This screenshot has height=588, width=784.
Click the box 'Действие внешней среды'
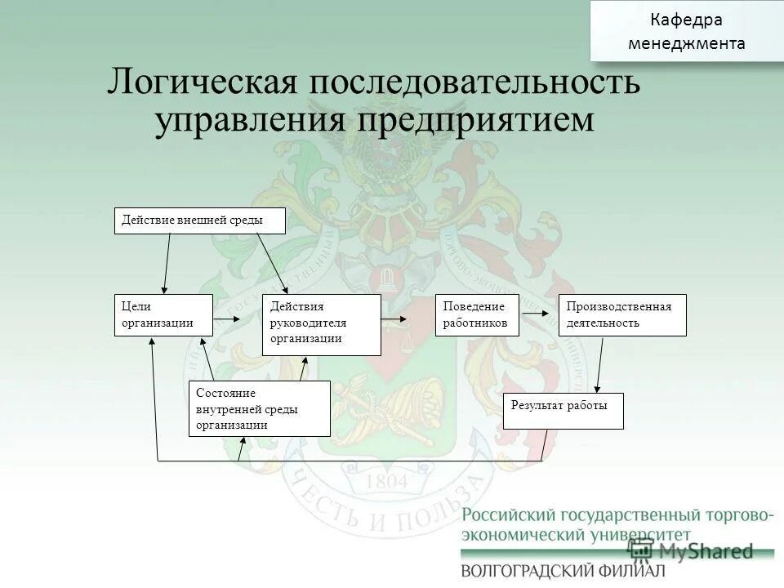pyautogui.click(x=200, y=220)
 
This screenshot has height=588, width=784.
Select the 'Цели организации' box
pyautogui.click(x=163, y=315)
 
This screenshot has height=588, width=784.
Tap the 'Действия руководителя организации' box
pyautogui.click(x=322, y=324)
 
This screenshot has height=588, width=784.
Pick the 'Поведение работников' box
pyautogui.click(x=477, y=315)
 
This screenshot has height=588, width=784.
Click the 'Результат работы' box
pyautogui.click(x=563, y=411)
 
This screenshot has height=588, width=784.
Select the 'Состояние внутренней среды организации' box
pyautogui.click(x=260, y=408)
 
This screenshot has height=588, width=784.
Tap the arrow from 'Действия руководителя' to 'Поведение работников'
pyautogui.click(x=394, y=318)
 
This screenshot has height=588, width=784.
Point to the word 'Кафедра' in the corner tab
pyautogui.click(x=686, y=20)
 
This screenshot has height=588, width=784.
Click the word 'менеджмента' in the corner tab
pyautogui.click(x=686, y=43)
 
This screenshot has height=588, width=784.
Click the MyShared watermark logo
pyautogui.click(x=690, y=550)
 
